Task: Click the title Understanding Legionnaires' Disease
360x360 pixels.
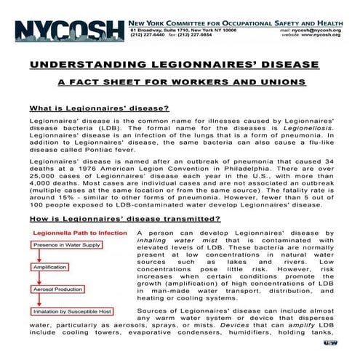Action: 180,65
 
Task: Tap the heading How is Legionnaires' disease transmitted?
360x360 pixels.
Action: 115,219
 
